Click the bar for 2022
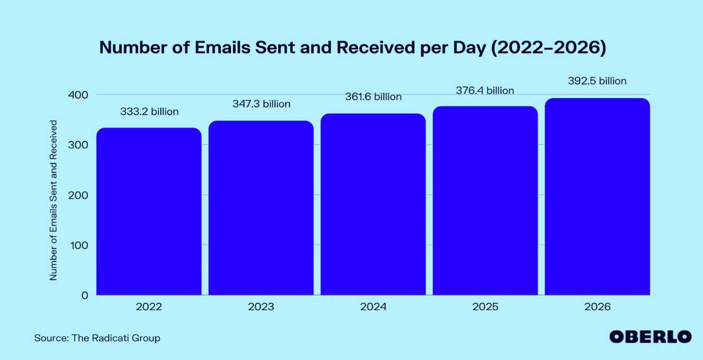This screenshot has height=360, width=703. (149, 212)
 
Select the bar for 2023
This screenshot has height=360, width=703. (261, 208)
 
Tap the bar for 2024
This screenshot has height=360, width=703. (373, 204)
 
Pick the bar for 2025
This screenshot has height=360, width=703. (485, 201)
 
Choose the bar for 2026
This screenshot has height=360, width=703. (597, 197)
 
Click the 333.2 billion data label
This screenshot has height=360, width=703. (149, 112)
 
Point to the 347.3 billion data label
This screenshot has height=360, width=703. (261, 104)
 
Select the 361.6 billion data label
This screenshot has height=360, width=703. (373, 97)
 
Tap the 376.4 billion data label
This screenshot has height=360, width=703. (485, 91)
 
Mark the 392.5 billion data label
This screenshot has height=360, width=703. (597, 81)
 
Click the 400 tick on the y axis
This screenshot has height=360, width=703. (78, 95)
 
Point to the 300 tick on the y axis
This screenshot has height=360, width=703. (78, 145)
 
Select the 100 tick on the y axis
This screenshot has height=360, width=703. (78, 245)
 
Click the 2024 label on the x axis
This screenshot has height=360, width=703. (373, 307)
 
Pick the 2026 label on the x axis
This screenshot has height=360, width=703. (597, 307)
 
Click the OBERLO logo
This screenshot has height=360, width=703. (650, 336)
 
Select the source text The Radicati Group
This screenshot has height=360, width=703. (97, 338)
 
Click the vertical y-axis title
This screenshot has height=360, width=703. (53, 200)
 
